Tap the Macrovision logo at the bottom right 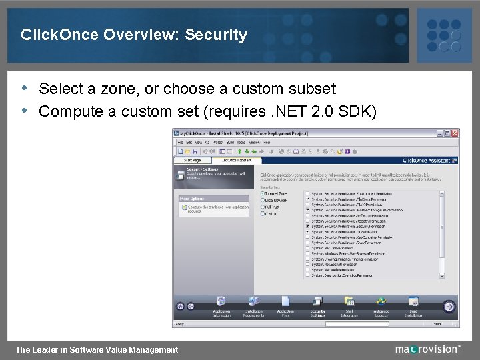pyautogui.click(x=427, y=349)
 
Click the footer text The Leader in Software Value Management pyautogui.click(x=97, y=349)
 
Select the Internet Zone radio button pyautogui.click(x=262, y=193)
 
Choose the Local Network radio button pyautogui.click(x=262, y=200)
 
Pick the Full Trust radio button pyautogui.click(x=262, y=207)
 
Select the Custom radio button pyautogui.click(x=262, y=213)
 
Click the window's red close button pyautogui.click(x=455, y=133)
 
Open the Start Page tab pyautogui.click(x=192, y=160)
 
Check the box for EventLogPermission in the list pyautogui.click(x=307, y=275)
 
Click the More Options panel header pyautogui.click(x=193, y=199)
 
